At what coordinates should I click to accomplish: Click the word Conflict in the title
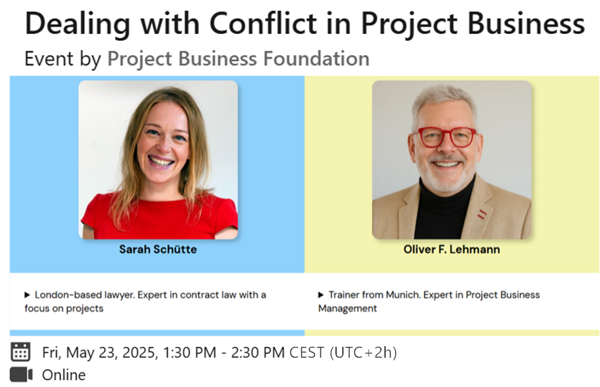263,23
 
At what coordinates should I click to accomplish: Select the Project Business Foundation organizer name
238,59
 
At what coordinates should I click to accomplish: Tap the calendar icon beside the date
20,352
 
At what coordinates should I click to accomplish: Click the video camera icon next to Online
21,375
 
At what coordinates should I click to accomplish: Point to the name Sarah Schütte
158,249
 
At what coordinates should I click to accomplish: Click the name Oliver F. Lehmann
452,249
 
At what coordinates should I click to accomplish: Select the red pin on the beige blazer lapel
482,215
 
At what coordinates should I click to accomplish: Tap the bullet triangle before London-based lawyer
27,295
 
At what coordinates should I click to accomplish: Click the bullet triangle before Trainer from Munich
320,295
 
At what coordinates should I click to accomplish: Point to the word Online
64,375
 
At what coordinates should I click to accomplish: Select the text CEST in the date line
307,352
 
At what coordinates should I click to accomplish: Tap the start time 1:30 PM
189,352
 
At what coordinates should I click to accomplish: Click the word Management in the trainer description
348,309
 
